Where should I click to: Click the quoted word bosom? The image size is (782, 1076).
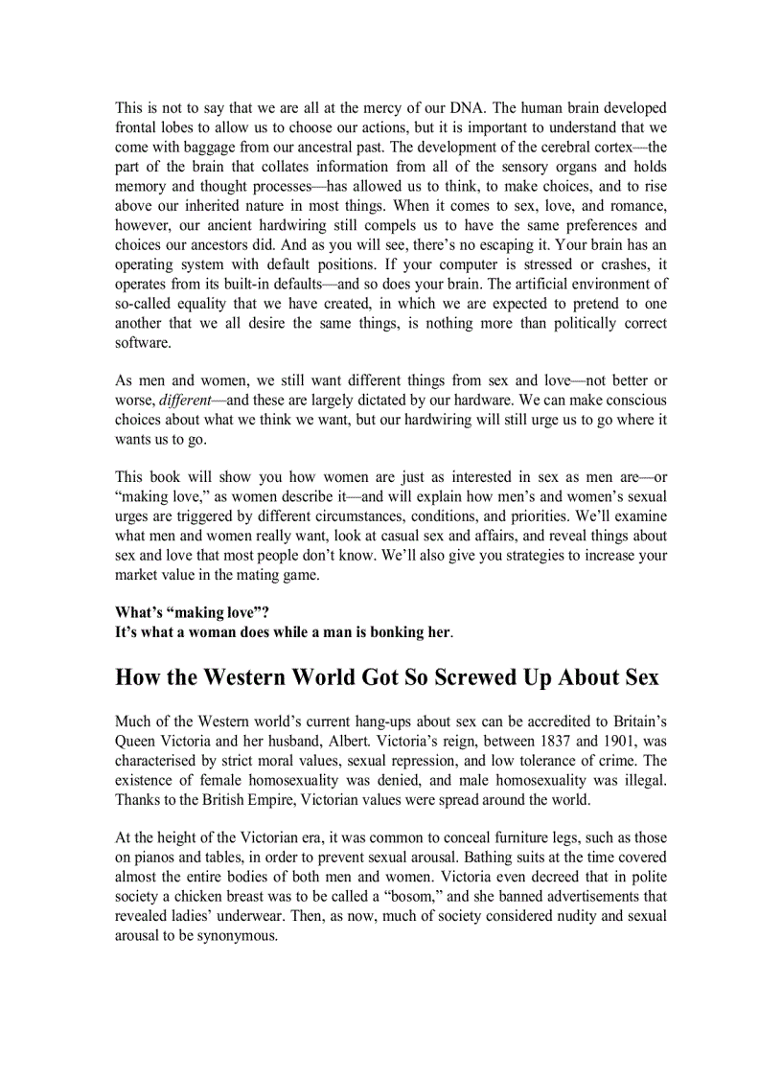(405, 898)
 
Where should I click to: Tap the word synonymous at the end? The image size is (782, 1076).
(231, 937)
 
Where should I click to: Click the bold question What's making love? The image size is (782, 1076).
(192, 613)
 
